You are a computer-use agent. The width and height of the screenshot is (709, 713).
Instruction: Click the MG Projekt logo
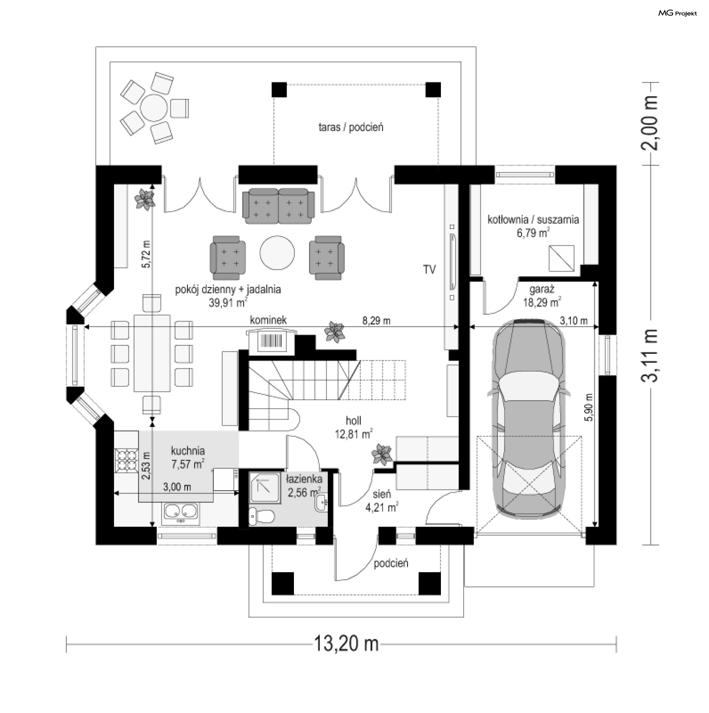(678, 13)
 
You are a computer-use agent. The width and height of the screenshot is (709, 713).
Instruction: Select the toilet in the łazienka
(261, 516)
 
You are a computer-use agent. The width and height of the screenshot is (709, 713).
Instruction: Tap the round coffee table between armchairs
(277, 253)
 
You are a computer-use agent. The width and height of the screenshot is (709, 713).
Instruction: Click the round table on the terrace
(154, 108)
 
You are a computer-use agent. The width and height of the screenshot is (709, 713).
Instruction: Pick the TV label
(429, 270)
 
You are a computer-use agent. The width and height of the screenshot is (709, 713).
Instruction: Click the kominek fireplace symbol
(271, 340)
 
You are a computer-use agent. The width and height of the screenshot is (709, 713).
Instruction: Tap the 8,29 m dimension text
(376, 321)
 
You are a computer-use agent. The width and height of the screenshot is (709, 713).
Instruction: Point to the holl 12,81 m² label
(353, 427)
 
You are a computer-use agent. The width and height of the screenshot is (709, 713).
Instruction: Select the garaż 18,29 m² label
(542, 296)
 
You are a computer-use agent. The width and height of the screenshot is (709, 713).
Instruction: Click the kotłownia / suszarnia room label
(533, 226)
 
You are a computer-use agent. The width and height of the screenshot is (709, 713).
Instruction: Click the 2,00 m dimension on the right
(650, 123)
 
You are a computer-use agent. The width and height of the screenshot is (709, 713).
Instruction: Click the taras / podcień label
(351, 127)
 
